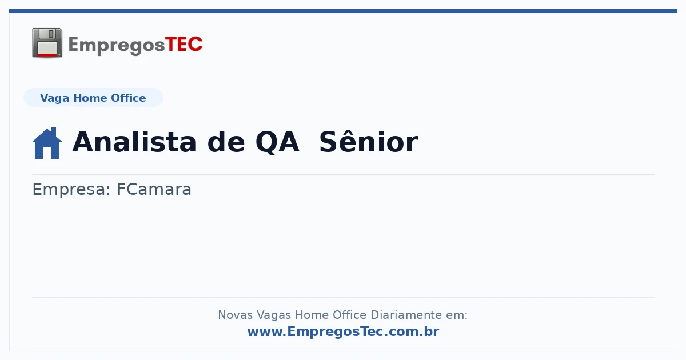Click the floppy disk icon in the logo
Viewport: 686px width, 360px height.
point(47,43)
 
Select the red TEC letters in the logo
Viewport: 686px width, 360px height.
point(184,44)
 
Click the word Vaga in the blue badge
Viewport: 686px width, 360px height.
point(54,98)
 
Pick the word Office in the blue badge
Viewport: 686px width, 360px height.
point(128,98)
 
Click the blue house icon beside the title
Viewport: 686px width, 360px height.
point(47,143)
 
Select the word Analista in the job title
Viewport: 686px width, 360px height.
point(134,142)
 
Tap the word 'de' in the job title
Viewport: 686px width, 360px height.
point(226,142)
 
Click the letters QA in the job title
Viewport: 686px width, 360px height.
point(277,142)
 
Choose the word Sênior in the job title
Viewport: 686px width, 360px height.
point(369,142)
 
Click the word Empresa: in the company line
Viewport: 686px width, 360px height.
point(71,190)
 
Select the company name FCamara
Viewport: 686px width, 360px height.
point(154,189)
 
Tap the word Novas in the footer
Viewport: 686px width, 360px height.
point(235,315)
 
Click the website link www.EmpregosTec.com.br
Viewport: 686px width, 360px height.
point(343,331)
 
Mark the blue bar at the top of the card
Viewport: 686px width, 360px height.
point(343,11)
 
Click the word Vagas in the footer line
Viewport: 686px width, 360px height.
point(273,315)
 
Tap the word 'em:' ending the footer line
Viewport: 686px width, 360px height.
point(457,315)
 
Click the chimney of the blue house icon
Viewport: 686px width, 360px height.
point(54,131)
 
